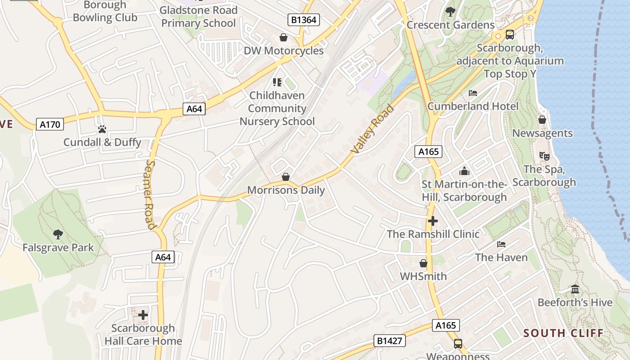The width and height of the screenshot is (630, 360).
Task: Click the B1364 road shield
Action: click(304, 19)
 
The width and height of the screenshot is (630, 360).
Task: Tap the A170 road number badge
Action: click(50, 124)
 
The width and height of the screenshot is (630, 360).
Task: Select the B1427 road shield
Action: click(390, 341)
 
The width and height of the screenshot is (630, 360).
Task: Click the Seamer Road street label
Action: click(150, 194)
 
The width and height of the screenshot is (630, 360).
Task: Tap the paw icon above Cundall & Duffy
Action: click(102, 129)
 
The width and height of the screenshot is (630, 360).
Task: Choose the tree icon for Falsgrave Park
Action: click(58, 234)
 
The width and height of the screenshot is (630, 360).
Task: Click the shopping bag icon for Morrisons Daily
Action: click(286, 177)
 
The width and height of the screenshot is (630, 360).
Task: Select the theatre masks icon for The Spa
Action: click(544, 156)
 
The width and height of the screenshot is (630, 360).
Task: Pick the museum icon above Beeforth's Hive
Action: click(575, 289)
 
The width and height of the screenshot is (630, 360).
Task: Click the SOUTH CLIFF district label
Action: click(563, 333)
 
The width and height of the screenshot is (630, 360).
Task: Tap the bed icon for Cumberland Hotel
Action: click(473, 93)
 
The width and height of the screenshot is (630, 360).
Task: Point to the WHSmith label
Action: click(423, 276)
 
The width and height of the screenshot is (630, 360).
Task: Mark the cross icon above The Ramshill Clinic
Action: click(433, 221)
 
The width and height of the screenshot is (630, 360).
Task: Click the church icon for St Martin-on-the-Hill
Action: click(464, 171)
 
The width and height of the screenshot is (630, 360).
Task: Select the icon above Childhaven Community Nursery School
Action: click(277, 82)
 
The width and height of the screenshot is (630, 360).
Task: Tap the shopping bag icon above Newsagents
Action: click(542, 120)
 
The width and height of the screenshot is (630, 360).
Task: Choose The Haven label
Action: click(501, 257)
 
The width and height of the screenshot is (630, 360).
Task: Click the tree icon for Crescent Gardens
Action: click(450, 12)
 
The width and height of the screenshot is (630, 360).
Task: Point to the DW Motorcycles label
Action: click(283, 50)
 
